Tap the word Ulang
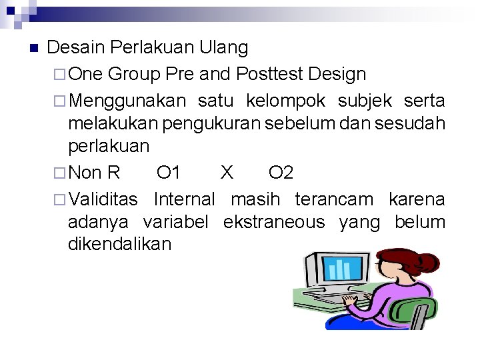(x=224, y=48)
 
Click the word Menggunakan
(x=127, y=101)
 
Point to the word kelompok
(x=285, y=101)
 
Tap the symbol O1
(x=169, y=173)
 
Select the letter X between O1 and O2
(x=227, y=173)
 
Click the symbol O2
(x=281, y=173)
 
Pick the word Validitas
(x=103, y=199)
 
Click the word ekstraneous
(x=274, y=221)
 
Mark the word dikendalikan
(x=119, y=244)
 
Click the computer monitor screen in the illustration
(x=341, y=269)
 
